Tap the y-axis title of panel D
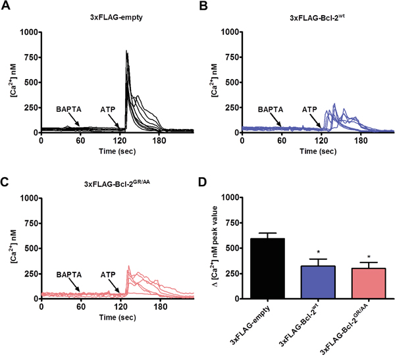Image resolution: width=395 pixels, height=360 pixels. (213, 247)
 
